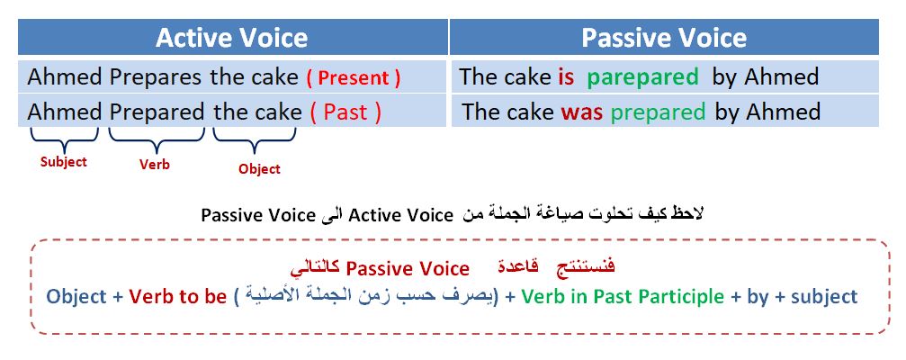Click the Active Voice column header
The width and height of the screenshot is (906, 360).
click(x=232, y=38)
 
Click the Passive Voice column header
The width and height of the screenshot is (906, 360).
click(x=664, y=38)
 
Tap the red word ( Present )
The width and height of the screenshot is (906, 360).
click(x=353, y=78)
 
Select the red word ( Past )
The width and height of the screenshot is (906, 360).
click(x=345, y=112)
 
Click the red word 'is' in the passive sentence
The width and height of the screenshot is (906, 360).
click(x=566, y=77)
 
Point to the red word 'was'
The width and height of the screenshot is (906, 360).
click(x=581, y=112)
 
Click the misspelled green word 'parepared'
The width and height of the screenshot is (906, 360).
click(x=643, y=78)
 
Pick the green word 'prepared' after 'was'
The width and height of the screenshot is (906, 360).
click(x=658, y=112)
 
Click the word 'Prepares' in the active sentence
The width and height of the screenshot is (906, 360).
click(x=156, y=77)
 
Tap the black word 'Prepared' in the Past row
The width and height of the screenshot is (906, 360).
click(x=157, y=112)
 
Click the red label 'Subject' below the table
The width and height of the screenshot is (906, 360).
click(x=64, y=162)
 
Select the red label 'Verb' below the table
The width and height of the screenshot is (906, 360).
click(x=154, y=165)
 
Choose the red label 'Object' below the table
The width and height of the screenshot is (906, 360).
click(x=259, y=169)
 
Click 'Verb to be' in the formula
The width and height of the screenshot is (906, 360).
click(x=178, y=297)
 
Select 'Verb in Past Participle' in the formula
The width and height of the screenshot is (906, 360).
click(x=623, y=297)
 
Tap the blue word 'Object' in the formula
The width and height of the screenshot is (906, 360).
click(x=76, y=298)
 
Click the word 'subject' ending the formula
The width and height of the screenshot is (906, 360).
click(x=824, y=298)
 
